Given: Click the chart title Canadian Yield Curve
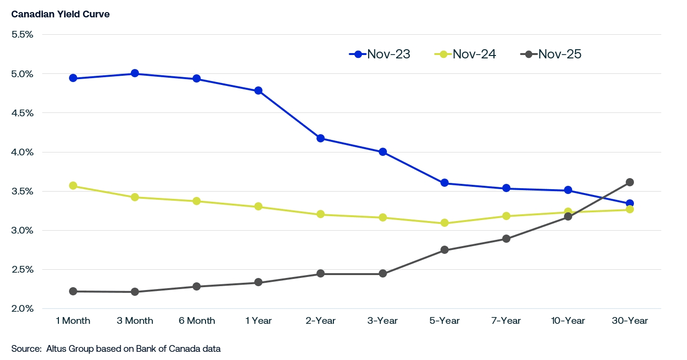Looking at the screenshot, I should [60, 14].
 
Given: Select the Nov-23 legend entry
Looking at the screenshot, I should [380, 54].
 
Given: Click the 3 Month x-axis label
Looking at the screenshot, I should [135, 321].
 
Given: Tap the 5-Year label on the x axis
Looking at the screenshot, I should [444, 321].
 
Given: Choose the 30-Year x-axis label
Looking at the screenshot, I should [630, 321].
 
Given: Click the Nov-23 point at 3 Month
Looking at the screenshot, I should [135, 73].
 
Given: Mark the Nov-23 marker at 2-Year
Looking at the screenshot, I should [320, 138].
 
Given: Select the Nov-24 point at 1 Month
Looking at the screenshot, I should [73, 186].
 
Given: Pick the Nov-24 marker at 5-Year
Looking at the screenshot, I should [444, 223].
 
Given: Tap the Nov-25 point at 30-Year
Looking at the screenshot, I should [630, 182].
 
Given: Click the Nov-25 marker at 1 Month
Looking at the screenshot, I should [73, 291].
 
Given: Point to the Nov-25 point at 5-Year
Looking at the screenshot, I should [444, 250].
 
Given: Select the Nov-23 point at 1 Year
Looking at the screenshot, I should [259, 91].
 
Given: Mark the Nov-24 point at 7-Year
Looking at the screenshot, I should [506, 216].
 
